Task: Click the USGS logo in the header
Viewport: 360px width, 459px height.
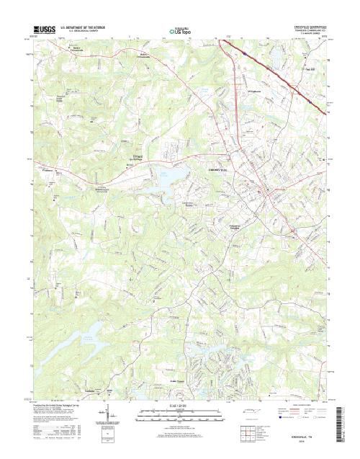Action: tap(43, 27)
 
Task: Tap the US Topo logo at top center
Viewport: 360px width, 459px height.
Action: tap(180, 30)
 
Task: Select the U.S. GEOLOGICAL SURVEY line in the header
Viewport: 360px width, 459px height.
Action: tap(83, 31)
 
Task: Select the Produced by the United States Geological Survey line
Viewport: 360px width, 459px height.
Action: tap(61, 406)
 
